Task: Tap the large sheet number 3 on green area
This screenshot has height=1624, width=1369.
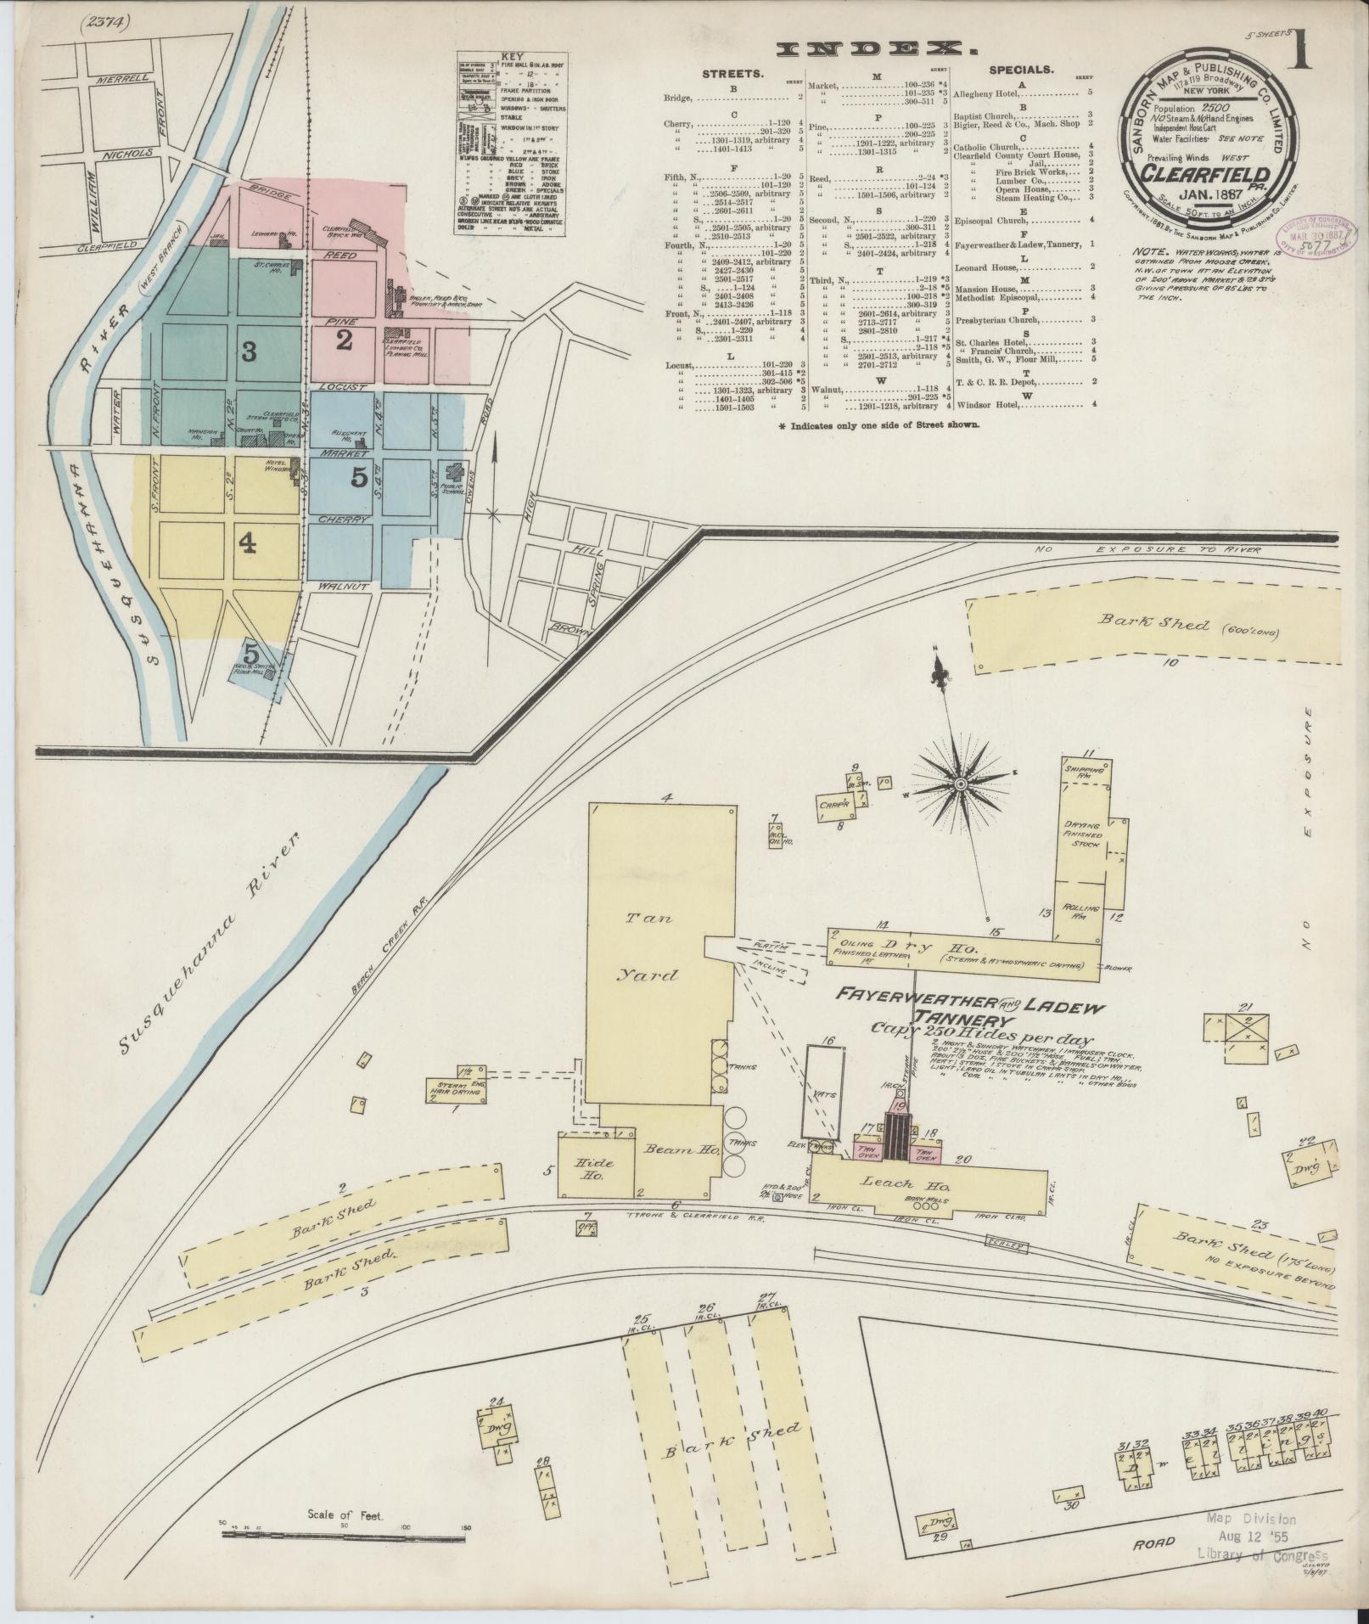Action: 248,351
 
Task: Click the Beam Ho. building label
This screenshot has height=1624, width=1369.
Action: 670,1149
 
